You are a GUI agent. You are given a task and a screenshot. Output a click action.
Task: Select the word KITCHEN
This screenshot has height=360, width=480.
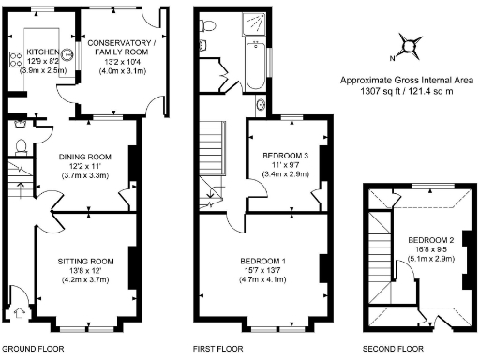pos(43,52)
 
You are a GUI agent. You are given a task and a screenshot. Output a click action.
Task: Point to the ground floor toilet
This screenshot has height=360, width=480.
pos(20,145)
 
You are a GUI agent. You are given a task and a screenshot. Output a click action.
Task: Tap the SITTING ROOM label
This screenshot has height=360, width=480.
pos(85,261)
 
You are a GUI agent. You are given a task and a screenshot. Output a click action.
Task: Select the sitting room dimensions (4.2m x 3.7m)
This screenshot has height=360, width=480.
pos(85,280)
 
